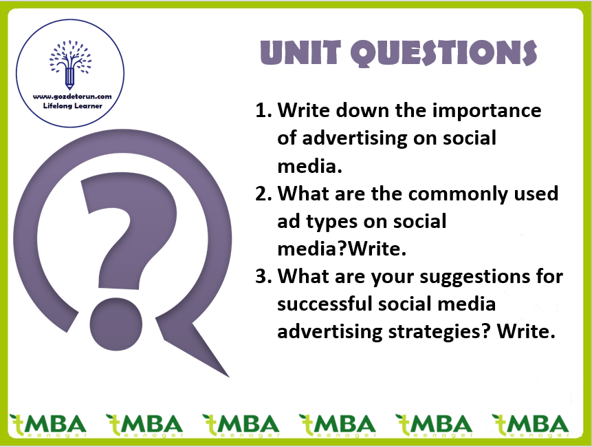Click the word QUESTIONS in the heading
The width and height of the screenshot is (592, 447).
443,53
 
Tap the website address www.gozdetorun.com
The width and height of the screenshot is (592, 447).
72,96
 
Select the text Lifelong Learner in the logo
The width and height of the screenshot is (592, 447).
72,106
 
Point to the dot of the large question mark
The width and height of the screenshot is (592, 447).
116,324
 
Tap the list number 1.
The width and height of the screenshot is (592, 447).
263,110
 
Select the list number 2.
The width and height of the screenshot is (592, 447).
263,194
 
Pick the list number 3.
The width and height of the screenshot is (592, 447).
263,277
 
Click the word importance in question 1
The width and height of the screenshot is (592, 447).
487,112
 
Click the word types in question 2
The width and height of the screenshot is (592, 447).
333,222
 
